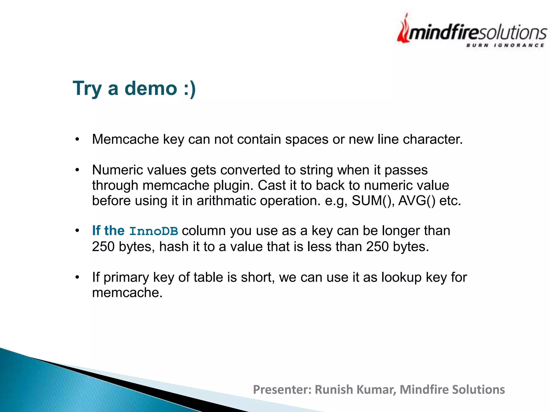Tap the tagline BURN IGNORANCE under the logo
(x=505, y=45)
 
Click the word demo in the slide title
(x=151, y=88)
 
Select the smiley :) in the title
(x=190, y=89)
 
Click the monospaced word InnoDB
(x=154, y=231)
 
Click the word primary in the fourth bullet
(x=126, y=277)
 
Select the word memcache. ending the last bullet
(x=127, y=293)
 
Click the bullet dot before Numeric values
(x=77, y=170)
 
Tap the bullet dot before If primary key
(x=77, y=277)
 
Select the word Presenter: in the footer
(x=282, y=389)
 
